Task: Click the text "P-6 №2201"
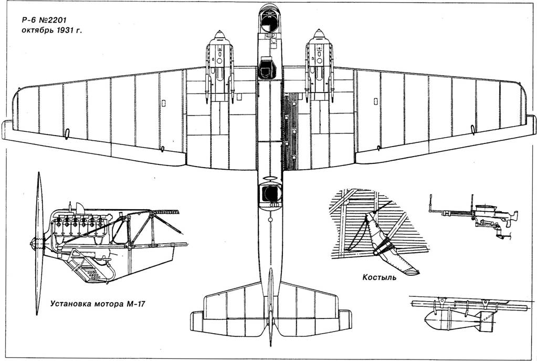(x=44, y=20)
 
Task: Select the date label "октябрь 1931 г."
(x=52, y=30)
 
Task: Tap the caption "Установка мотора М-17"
(x=98, y=304)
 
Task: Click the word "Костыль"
(x=380, y=277)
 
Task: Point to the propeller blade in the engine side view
(x=39, y=243)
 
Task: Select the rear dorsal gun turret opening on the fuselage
(x=270, y=194)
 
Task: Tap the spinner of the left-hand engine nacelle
(x=219, y=34)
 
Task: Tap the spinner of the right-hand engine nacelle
(x=319, y=34)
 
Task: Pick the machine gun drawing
(x=473, y=216)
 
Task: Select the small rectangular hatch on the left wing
(x=164, y=102)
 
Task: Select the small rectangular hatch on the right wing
(x=375, y=101)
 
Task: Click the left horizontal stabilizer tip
(x=197, y=321)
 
